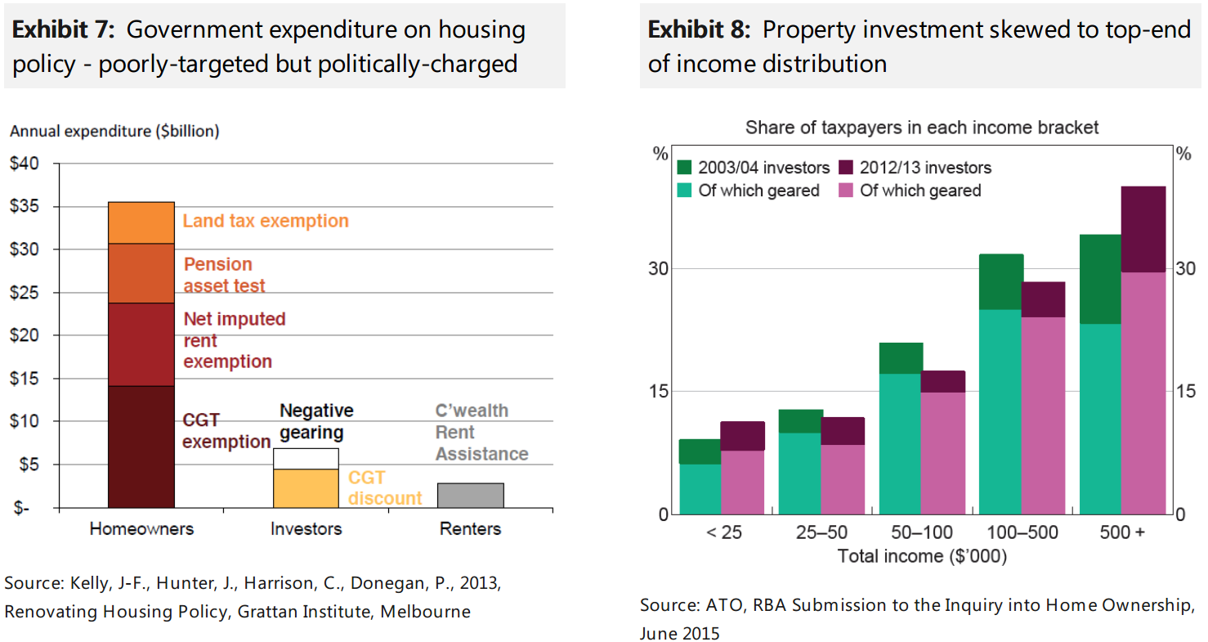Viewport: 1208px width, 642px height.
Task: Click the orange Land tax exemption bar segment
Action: tap(141, 222)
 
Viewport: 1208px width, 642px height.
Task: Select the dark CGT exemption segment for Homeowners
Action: tap(141, 446)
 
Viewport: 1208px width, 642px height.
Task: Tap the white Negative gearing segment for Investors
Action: tap(305, 458)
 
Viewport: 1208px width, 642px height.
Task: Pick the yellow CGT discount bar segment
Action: tap(305, 487)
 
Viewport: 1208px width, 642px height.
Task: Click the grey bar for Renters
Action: tap(470, 495)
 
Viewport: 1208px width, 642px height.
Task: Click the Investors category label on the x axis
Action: tap(306, 528)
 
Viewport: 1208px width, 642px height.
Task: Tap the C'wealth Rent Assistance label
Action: tap(481, 432)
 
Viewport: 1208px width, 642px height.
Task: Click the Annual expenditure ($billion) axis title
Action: tap(114, 131)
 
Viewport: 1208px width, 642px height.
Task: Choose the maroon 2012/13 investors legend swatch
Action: tap(846, 168)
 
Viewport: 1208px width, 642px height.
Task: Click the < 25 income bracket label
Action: tap(723, 532)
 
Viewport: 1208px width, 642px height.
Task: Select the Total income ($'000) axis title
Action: tap(922, 556)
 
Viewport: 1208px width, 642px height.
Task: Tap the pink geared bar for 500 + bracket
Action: tap(1143, 393)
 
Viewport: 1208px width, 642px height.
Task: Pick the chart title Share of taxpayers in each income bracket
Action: tap(922, 128)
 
